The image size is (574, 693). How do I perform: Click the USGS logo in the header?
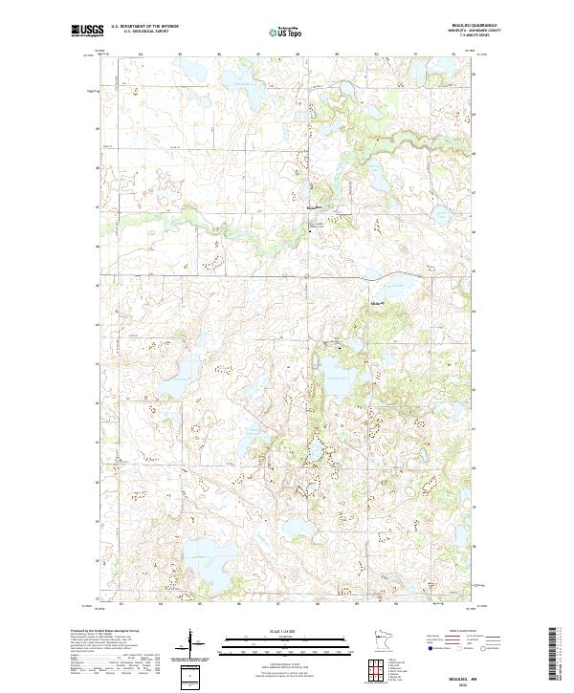(87, 31)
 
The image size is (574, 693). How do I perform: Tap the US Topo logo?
(286, 32)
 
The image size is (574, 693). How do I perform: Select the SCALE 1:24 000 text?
(286, 631)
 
